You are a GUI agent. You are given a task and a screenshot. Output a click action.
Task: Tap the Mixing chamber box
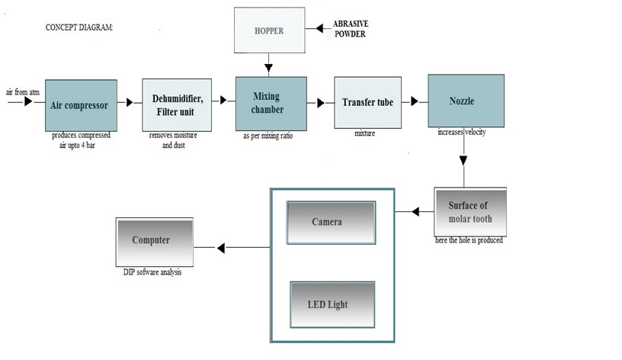(268, 104)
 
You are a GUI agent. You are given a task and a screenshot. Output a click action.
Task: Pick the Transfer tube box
(367, 102)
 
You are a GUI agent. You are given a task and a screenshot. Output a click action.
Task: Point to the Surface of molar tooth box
(470, 212)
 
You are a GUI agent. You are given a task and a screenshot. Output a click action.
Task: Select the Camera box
(331, 223)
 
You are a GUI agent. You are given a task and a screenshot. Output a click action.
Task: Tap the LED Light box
(331, 304)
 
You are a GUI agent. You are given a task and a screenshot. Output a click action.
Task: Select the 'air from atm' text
(22, 92)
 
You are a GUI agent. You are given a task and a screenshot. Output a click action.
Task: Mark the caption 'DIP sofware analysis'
(152, 272)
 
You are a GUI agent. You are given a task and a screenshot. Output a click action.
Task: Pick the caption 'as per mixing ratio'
(268, 136)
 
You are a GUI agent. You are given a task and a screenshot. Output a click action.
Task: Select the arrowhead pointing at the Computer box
(220, 247)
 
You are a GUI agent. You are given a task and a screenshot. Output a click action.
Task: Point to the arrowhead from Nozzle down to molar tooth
(462, 160)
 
